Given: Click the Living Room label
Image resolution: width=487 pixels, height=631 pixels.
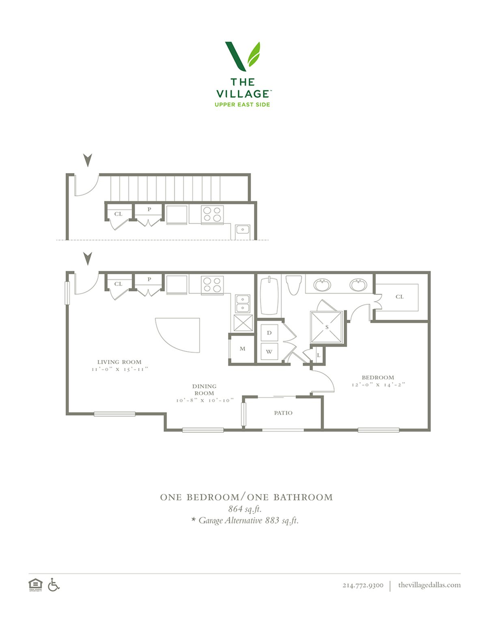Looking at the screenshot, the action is [119, 362].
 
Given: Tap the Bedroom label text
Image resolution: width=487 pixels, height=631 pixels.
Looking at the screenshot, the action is [378, 377].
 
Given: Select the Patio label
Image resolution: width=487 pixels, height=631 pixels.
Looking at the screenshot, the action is [283, 413].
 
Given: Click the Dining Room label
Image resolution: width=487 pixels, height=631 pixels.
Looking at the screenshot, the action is [204, 390].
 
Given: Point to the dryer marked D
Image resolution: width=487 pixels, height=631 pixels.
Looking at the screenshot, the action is [269, 333].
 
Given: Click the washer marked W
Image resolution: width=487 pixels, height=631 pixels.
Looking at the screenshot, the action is [269, 351].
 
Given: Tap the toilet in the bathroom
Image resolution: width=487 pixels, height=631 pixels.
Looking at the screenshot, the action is [294, 285].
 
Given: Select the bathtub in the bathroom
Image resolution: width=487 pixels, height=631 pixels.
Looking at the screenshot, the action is [269, 296].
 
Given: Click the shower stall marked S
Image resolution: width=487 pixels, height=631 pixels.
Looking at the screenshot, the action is [327, 327].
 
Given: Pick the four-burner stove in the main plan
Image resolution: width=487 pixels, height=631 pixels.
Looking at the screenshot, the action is [213, 284].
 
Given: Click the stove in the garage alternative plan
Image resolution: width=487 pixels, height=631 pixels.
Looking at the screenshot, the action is [213, 214].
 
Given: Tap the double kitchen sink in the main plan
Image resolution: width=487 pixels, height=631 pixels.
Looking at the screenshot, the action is [243, 304].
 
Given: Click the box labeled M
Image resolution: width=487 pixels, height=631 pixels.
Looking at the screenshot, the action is [242, 349].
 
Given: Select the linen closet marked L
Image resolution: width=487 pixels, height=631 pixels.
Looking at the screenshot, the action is [319, 355].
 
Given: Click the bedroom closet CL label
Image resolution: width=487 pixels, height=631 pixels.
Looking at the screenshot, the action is [399, 297].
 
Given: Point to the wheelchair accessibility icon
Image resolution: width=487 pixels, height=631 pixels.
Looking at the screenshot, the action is [54, 584].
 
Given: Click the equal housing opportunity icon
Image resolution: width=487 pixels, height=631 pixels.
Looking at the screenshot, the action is [35, 585].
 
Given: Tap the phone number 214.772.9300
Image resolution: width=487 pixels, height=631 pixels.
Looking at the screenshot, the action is [363, 585].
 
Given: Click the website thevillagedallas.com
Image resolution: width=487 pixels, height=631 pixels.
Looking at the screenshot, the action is [429, 585].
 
